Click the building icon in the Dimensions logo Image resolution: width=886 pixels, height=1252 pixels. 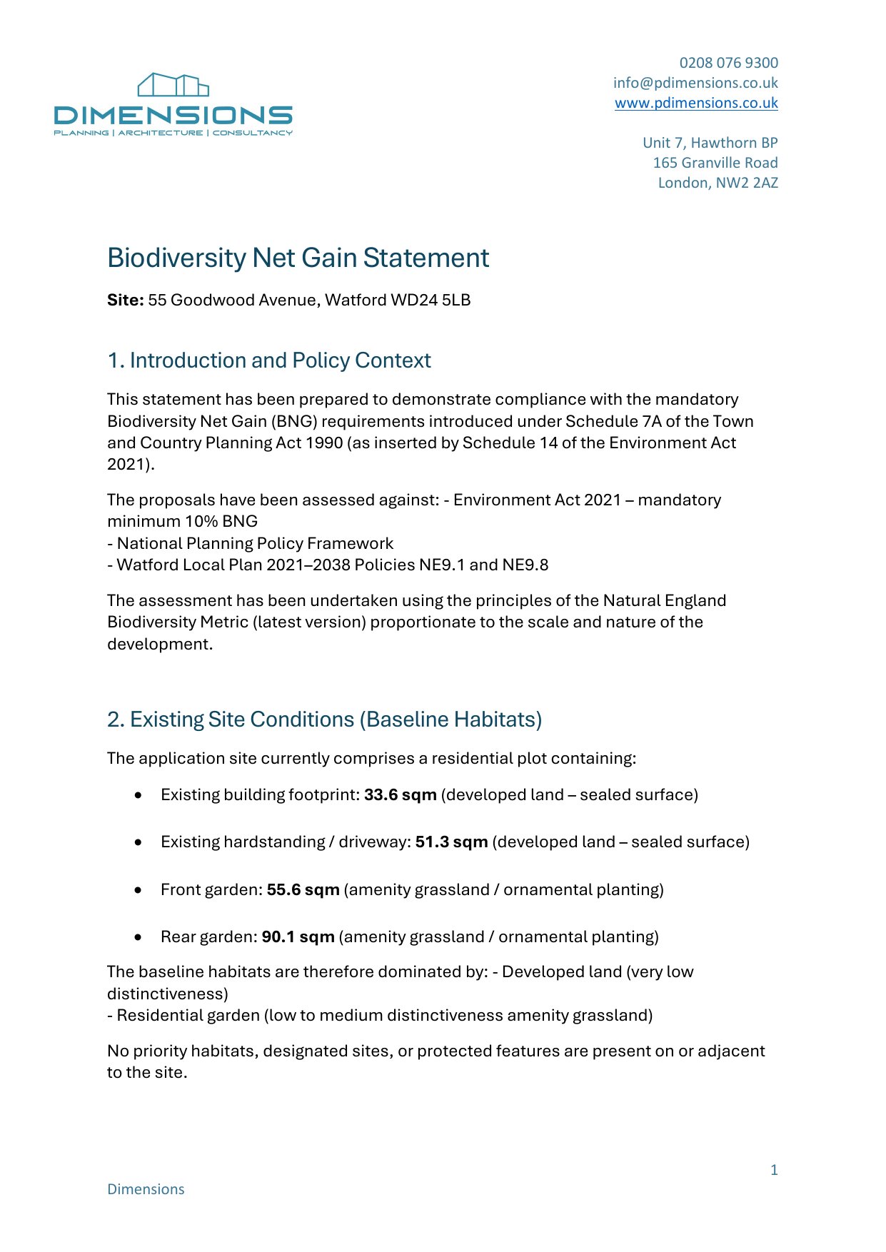[173, 85]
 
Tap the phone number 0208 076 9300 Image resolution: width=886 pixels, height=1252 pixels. [728, 63]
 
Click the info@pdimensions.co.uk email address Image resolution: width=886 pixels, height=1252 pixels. [695, 83]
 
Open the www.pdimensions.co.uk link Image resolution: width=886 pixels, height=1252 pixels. [696, 103]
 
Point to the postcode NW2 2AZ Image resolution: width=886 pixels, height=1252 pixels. [747, 183]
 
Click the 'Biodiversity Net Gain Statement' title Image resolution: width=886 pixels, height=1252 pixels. [298, 258]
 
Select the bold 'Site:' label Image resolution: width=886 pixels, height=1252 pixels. [126, 300]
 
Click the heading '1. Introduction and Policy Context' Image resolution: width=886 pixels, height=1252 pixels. [268, 360]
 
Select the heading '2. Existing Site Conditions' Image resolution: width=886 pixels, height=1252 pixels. [324, 720]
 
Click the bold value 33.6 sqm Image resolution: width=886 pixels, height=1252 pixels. [400, 795]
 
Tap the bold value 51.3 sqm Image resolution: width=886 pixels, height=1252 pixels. [451, 842]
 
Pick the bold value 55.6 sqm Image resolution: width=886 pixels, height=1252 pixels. [303, 889]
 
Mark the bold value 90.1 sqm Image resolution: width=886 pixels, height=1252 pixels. [298, 937]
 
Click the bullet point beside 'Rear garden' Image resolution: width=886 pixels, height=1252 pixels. [138, 937]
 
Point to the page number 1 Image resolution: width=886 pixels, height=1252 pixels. [774, 1170]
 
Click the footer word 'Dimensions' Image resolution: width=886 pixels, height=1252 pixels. [146, 1189]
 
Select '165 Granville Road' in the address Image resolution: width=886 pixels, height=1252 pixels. [715, 163]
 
